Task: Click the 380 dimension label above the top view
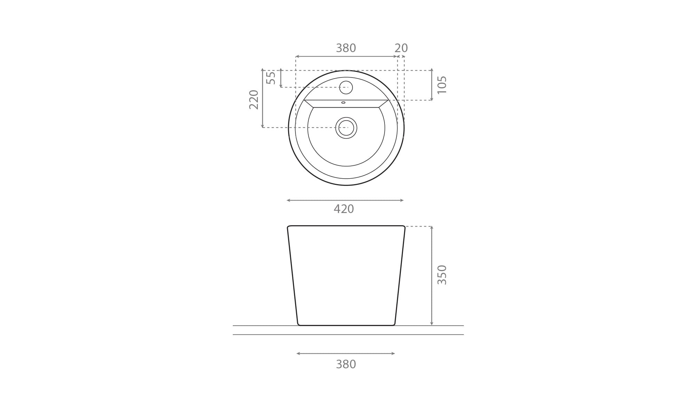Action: tap(346, 48)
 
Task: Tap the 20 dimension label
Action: tap(401, 48)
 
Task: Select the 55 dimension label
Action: tap(271, 77)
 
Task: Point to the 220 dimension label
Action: tap(254, 99)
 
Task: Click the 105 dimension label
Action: tap(442, 85)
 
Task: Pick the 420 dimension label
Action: tap(344, 209)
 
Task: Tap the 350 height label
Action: tap(442, 275)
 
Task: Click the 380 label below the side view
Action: tap(346, 364)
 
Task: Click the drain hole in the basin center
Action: tap(346, 128)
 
